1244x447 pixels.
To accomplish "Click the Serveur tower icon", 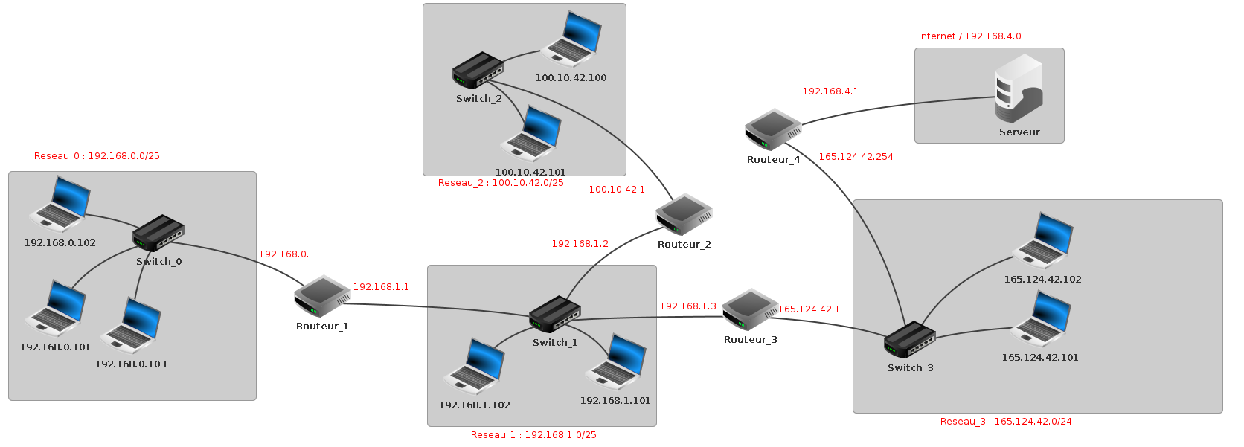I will (1019, 88).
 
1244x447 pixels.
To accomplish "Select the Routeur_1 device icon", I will (322, 296).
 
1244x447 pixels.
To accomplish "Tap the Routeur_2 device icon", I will (684, 214).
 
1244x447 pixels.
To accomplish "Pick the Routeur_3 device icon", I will (750, 309).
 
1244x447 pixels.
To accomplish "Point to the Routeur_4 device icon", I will (773, 129).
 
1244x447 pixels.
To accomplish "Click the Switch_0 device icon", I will (158, 234).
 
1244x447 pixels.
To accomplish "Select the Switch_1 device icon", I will (555, 315).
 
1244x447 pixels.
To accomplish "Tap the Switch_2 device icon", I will (478, 71).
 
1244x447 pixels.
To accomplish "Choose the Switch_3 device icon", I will (909, 340).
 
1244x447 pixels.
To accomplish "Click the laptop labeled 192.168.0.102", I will (60, 205).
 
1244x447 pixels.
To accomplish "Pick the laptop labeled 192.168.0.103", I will (131, 326).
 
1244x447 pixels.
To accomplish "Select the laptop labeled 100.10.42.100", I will (571, 39).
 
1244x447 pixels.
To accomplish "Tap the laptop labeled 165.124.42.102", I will (1043, 240).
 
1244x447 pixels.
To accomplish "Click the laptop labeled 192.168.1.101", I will (616, 362).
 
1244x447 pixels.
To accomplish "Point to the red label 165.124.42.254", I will (856, 157).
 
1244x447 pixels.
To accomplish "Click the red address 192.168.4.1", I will (830, 91).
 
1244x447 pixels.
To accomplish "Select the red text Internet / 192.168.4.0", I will (969, 36).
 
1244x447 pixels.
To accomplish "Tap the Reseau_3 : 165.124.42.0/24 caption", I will (1005, 422).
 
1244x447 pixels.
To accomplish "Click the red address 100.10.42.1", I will (617, 190).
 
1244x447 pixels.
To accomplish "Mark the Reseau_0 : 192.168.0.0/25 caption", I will (97, 156).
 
